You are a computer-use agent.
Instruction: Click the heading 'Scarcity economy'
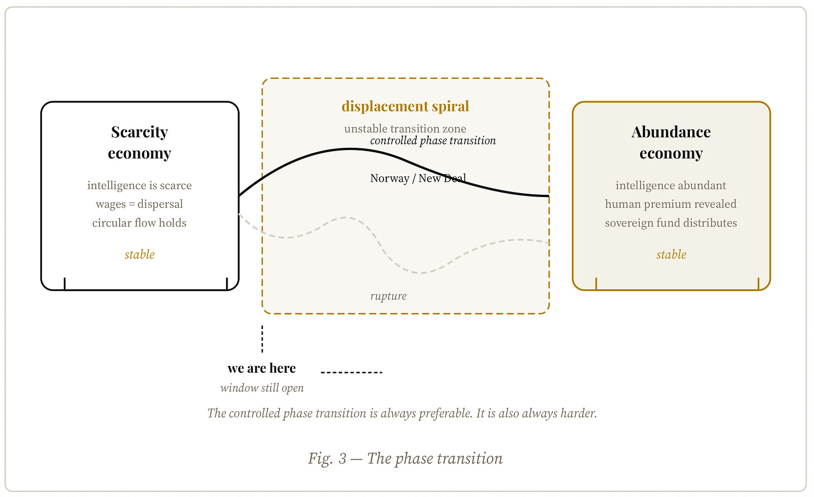(x=139, y=143)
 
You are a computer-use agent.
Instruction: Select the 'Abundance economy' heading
(x=671, y=143)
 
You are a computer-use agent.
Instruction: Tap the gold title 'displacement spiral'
(x=405, y=106)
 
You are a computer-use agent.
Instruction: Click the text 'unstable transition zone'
(x=405, y=129)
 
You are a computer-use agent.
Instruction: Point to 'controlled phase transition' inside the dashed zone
(x=433, y=140)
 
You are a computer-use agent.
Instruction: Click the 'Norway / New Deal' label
(x=418, y=178)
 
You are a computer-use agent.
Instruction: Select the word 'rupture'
(x=388, y=296)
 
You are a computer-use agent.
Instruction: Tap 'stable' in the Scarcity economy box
(x=139, y=255)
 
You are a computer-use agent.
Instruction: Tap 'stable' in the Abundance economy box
(x=671, y=255)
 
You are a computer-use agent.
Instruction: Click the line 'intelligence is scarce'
(x=139, y=185)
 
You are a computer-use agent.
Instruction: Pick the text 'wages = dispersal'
(x=139, y=204)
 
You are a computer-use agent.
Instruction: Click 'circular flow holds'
(x=139, y=223)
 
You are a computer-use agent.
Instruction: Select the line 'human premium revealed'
(x=671, y=204)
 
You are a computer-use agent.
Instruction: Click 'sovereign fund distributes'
(x=671, y=223)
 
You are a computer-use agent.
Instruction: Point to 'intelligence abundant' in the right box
(x=671, y=185)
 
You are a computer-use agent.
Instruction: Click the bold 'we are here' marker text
(x=262, y=368)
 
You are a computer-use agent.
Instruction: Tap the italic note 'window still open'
(x=262, y=388)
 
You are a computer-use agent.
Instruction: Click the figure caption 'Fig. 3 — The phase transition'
(x=405, y=458)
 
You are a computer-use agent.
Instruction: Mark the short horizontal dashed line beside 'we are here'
(x=351, y=372)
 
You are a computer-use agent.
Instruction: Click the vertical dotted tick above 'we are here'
(x=262, y=339)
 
